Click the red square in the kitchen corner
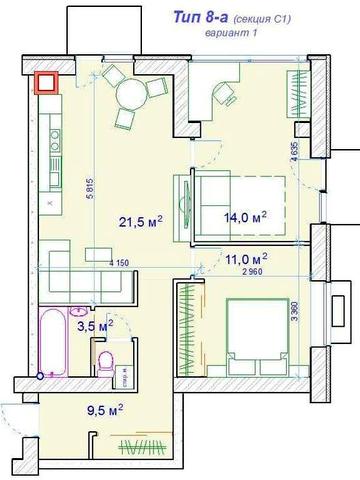(x=46, y=84)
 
